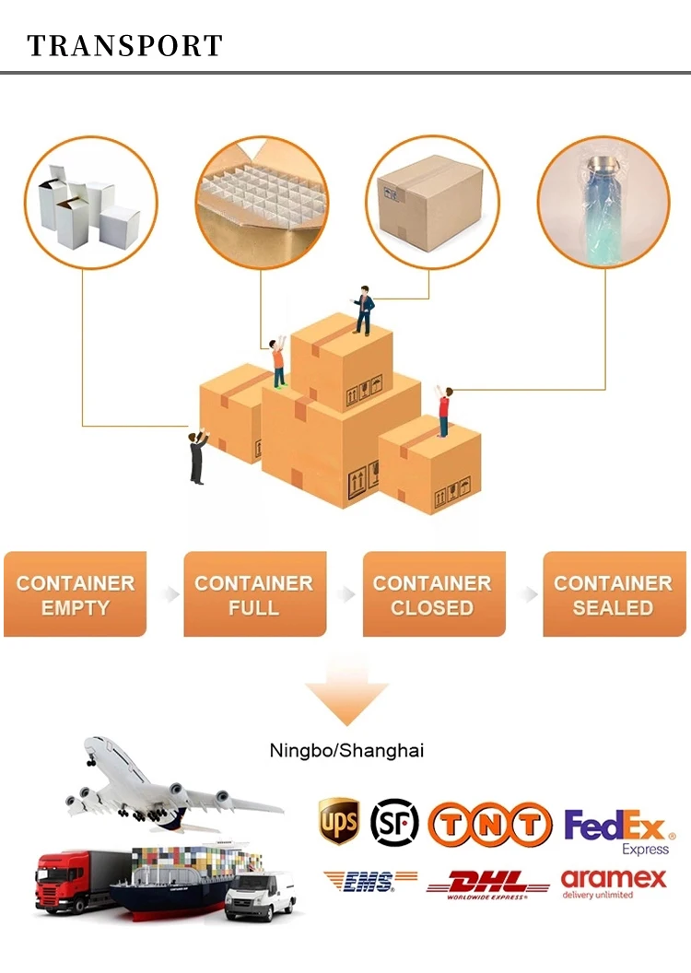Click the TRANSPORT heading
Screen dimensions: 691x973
point(125,46)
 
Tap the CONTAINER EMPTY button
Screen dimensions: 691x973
point(75,594)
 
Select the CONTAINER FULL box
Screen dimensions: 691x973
point(254,594)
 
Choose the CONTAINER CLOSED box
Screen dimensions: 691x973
point(433,594)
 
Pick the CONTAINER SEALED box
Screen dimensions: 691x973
point(614,594)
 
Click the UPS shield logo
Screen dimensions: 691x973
point(339,820)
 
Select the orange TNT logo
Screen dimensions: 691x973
point(489,824)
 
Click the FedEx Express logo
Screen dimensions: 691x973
point(619,830)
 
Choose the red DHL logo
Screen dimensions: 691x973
point(488,884)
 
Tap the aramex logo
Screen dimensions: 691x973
point(613,882)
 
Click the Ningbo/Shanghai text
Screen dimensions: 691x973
point(346,750)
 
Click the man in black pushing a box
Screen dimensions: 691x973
point(198,457)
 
